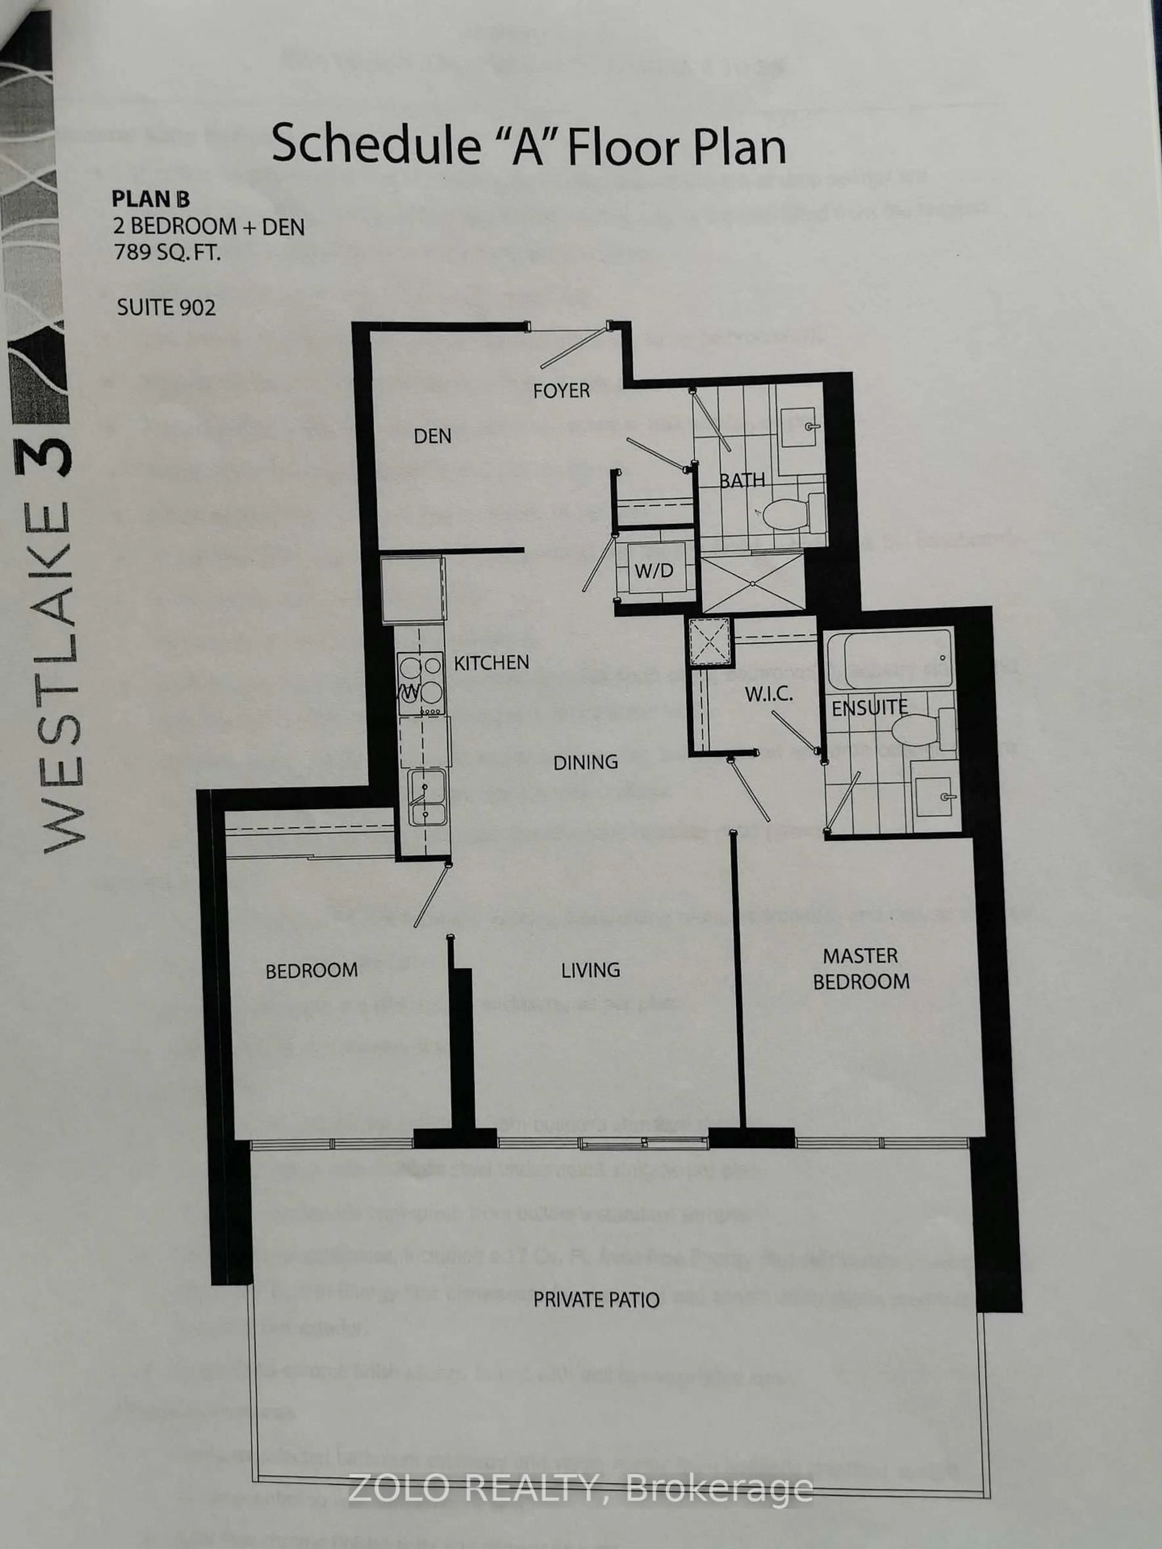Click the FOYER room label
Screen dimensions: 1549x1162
point(561,390)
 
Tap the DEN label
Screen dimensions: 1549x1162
point(432,436)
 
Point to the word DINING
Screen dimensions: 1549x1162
point(586,762)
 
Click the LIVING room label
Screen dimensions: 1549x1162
point(590,970)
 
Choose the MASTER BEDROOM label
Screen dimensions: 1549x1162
point(861,968)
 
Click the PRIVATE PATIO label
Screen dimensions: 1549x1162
point(596,1300)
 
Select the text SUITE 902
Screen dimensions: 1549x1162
point(166,307)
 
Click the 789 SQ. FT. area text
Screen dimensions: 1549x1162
point(167,251)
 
